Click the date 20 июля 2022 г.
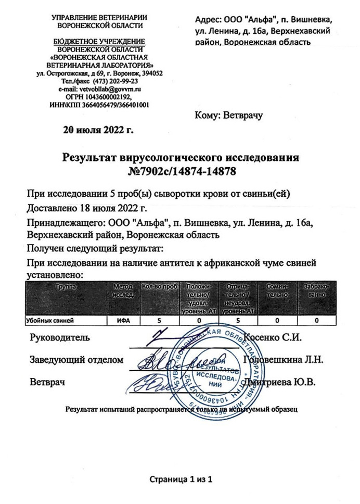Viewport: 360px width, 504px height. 98,130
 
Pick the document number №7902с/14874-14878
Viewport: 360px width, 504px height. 180,170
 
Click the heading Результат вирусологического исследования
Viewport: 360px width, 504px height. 181,157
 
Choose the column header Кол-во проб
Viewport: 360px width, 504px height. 160,287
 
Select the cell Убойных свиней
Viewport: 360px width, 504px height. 49,321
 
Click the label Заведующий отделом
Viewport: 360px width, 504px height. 76,359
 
